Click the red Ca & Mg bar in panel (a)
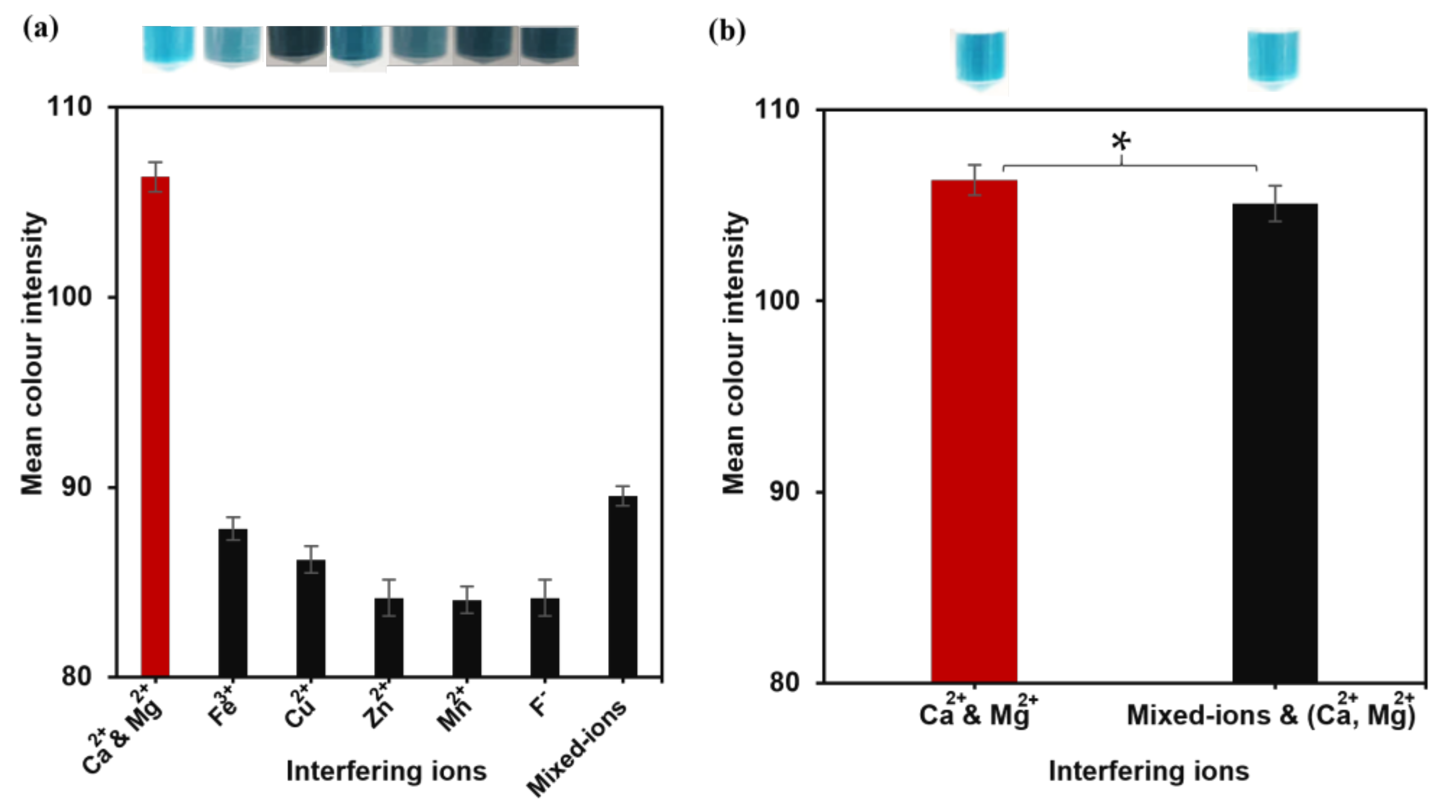(155, 427)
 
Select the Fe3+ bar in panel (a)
(233, 602)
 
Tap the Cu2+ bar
(311, 618)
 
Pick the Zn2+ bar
(389, 637)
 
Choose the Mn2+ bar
(467, 638)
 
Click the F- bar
(545, 637)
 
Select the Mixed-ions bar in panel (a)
(622, 586)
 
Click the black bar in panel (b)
(1275, 444)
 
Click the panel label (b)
(726, 31)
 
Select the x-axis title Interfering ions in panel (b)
(1149, 771)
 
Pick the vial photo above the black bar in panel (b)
(1273, 59)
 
